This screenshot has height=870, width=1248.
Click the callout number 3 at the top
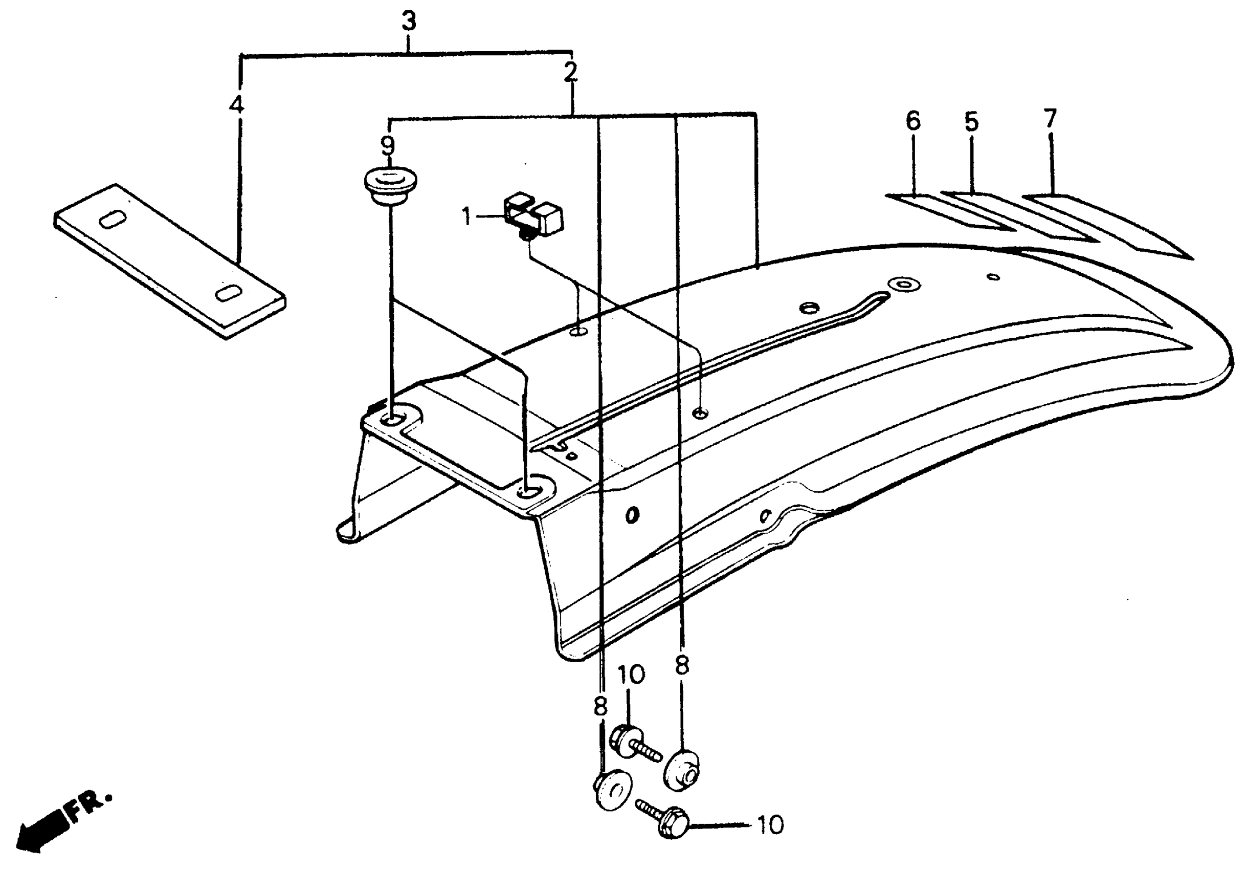click(x=409, y=21)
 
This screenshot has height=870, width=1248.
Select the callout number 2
click(x=570, y=72)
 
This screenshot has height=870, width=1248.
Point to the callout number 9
click(x=388, y=146)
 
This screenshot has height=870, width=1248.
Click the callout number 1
click(x=466, y=217)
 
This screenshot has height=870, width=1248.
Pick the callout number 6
click(x=913, y=121)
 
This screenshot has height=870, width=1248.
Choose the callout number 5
click(x=971, y=122)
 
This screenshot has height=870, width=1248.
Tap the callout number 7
click(x=1050, y=119)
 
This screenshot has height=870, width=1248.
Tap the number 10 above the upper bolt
click(x=631, y=675)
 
